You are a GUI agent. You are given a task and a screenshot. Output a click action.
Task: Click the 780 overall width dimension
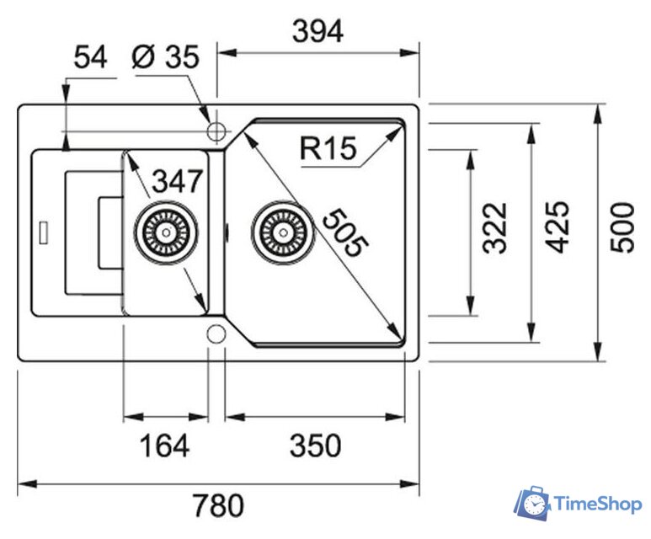218,505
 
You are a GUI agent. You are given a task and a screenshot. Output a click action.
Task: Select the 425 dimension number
558,227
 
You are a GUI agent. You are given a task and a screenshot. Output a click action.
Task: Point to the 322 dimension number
496,227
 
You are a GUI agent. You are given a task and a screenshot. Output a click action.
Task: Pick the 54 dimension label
91,58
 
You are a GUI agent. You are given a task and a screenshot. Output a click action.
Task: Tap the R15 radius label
328,149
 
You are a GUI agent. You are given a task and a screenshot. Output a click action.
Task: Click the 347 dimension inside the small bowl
178,180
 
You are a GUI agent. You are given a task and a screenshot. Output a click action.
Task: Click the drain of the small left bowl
166,231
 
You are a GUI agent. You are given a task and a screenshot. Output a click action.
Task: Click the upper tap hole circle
217,131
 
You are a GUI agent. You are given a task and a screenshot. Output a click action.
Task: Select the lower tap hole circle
216,333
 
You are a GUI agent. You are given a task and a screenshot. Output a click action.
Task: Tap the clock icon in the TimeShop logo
534,504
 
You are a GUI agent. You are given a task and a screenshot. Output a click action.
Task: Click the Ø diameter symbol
142,58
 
